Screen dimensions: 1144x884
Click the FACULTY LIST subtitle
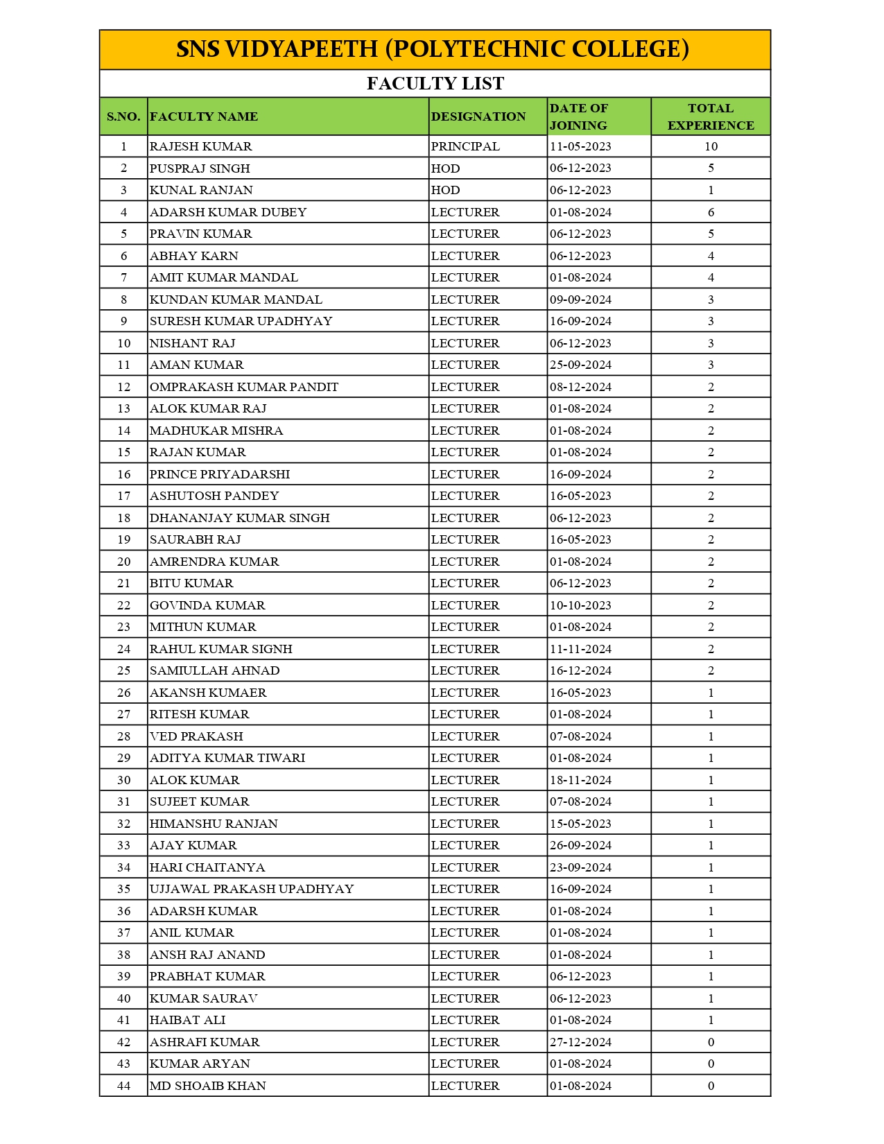[x=435, y=84]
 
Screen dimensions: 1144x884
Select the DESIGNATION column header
[x=478, y=116]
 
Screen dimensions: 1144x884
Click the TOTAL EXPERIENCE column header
[x=710, y=116]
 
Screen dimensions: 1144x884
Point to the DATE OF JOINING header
[x=578, y=116]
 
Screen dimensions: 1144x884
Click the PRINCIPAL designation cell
[x=465, y=146]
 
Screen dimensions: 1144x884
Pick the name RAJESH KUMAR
[x=200, y=146]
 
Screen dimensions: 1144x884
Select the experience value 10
[x=710, y=146]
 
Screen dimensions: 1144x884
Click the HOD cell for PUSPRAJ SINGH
[x=445, y=168]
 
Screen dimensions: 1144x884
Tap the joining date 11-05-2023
[x=580, y=146]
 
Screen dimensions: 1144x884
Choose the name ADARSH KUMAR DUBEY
[x=228, y=212]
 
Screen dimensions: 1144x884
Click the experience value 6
[x=710, y=212]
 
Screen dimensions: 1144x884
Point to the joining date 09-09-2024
[x=580, y=300]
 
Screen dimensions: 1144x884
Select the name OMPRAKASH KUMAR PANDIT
[x=244, y=387]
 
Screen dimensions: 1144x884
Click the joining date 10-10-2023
[x=580, y=605]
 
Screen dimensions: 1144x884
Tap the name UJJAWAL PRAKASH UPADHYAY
[x=252, y=889]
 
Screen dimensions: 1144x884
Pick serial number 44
[x=123, y=1086]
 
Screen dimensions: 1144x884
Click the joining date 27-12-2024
[x=580, y=1042]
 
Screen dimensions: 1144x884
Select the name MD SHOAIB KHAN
[x=207, y=1086]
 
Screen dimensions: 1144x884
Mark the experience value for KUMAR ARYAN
[x=710, y=1064]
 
